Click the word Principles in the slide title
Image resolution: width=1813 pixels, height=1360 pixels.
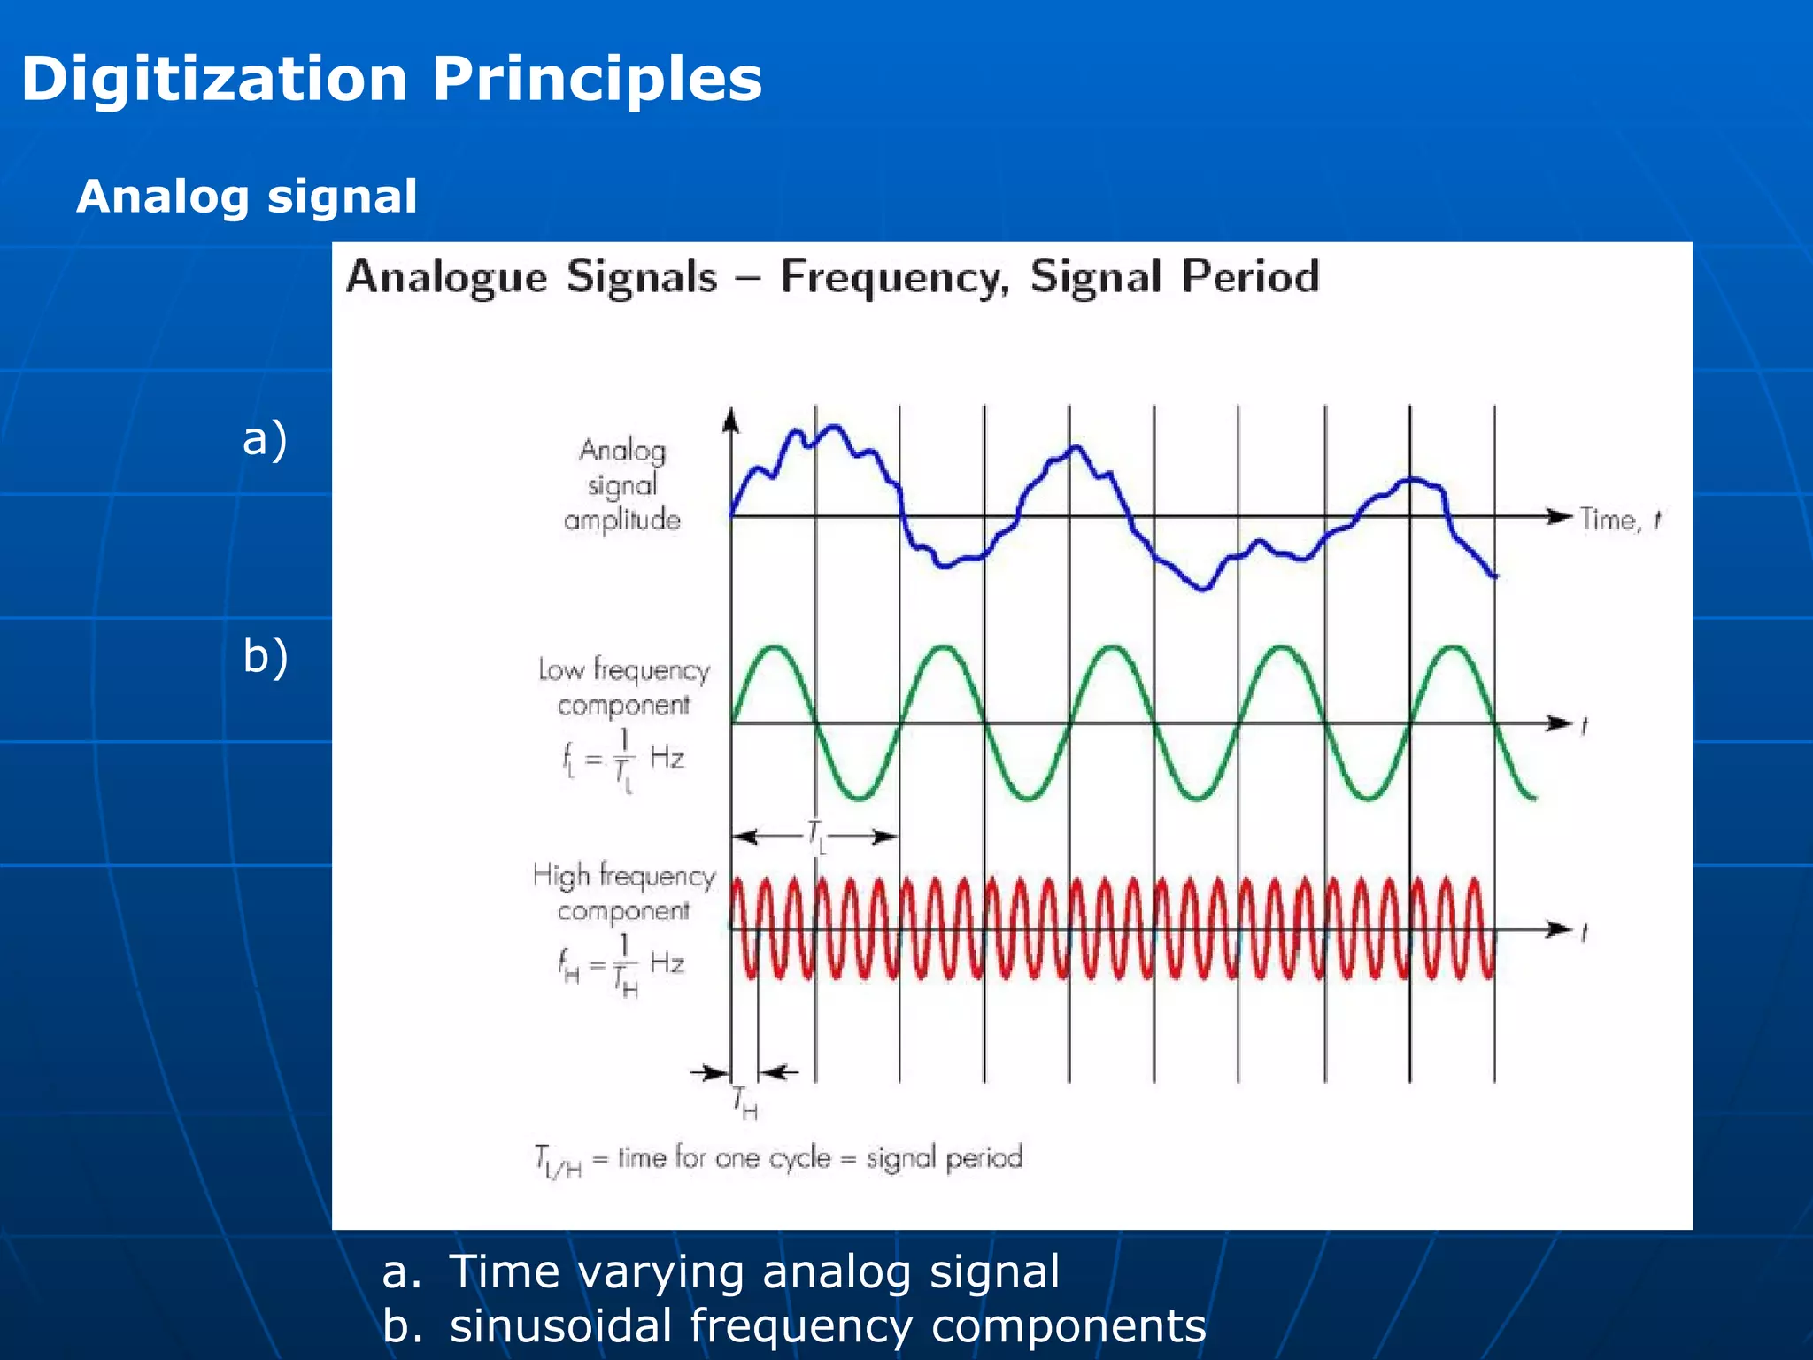pos(597,80)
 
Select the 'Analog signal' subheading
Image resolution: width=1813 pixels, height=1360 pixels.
pos(247,197)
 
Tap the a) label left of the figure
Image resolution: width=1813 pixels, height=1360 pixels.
pos(265,439)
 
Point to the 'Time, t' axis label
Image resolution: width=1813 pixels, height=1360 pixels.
pos(1619,520)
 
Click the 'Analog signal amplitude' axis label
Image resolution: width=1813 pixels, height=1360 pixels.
pos(622,485)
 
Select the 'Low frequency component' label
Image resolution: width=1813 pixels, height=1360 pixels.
pos(624,687)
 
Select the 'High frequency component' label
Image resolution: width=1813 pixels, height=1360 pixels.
pos(624,892)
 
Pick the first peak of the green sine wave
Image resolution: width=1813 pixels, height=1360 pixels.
pos(775,648)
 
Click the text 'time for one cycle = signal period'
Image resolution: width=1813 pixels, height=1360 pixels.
pos(820,1158)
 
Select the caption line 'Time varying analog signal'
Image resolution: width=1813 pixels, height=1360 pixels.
pos(754,1271)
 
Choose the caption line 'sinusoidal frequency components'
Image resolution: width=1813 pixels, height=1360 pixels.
pos(828,1326)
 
